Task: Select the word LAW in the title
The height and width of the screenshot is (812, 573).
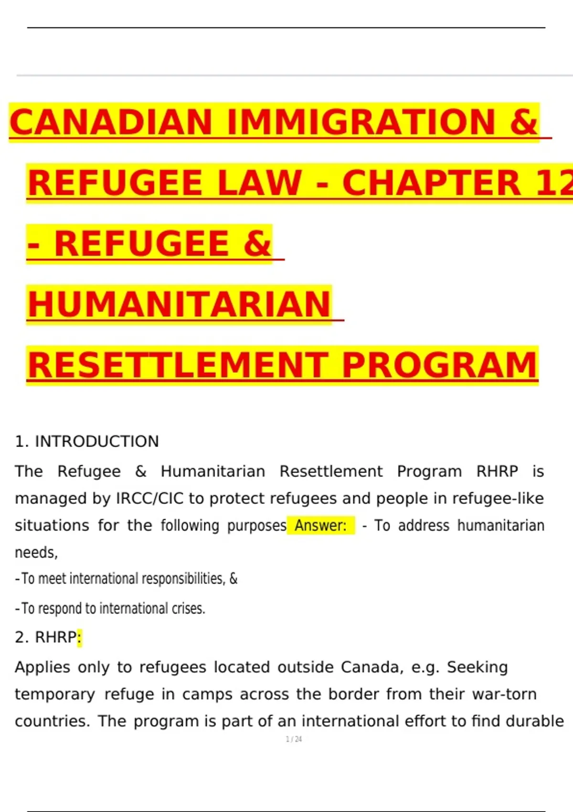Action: click(x=260, y=183)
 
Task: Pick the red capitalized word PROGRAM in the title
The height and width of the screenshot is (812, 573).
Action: click(x=440, y=365)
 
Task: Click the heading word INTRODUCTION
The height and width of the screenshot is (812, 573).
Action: click(x=97, y=441)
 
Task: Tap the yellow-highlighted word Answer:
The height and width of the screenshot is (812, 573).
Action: click(x=320, y=525)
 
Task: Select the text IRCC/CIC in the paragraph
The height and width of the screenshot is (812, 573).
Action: click(x=150, y=499)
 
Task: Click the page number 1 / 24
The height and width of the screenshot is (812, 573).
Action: click(x=294, y=739)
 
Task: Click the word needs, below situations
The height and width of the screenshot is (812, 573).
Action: click(x=36, y=553)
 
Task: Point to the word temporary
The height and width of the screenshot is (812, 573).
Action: click(x=55, y=694)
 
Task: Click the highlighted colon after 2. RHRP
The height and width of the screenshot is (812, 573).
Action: click(x=79, y=637)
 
